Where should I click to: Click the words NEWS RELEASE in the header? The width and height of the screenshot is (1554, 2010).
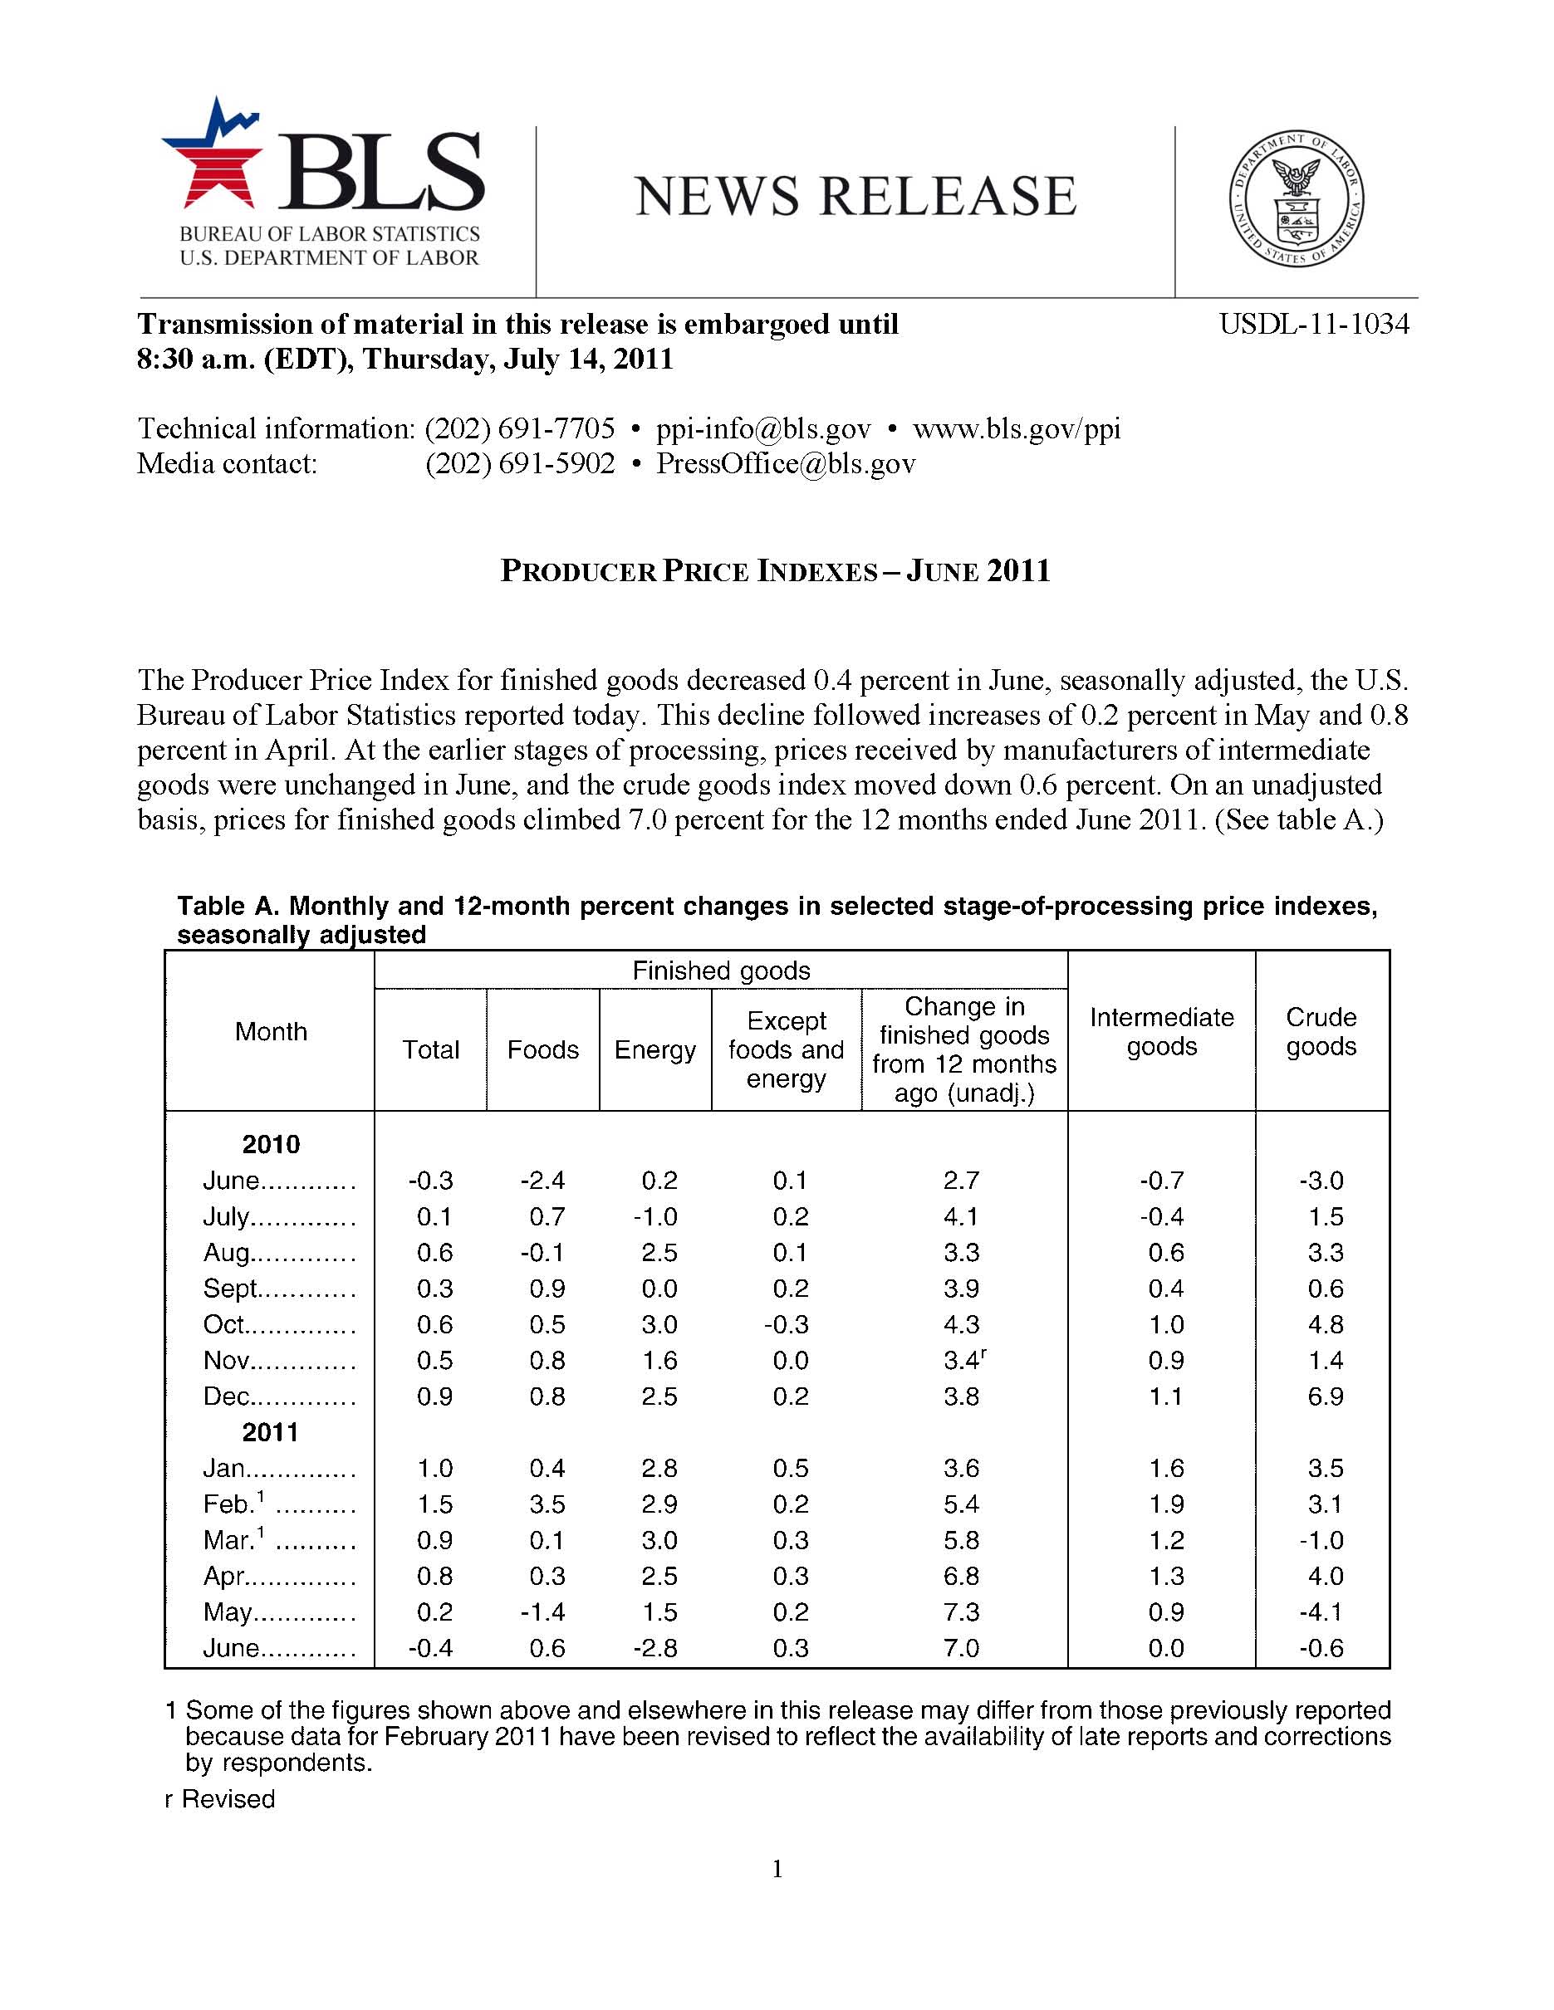(855, 196)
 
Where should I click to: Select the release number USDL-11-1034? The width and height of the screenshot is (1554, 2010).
(1314, 324)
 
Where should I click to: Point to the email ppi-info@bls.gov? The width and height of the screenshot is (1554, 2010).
(763, 429)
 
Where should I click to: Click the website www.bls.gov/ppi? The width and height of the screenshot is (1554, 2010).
(1017, 429)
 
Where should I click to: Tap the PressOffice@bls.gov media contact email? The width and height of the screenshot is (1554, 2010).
(785, 464)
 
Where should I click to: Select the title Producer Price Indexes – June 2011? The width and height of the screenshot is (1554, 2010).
(775, 571)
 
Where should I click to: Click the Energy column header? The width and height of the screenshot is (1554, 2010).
(654, 1050)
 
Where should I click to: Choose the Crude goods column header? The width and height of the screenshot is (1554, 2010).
(1321, 1032)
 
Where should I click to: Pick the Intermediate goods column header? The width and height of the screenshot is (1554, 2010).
(1161, 1032)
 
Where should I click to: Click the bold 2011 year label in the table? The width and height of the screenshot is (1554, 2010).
(271, 1433)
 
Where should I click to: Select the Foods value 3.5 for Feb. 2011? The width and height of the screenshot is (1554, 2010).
(547, 1504)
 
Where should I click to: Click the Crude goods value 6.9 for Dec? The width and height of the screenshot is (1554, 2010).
(1325, 1397)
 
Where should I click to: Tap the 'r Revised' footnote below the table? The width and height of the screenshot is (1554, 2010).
(220, 1799)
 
